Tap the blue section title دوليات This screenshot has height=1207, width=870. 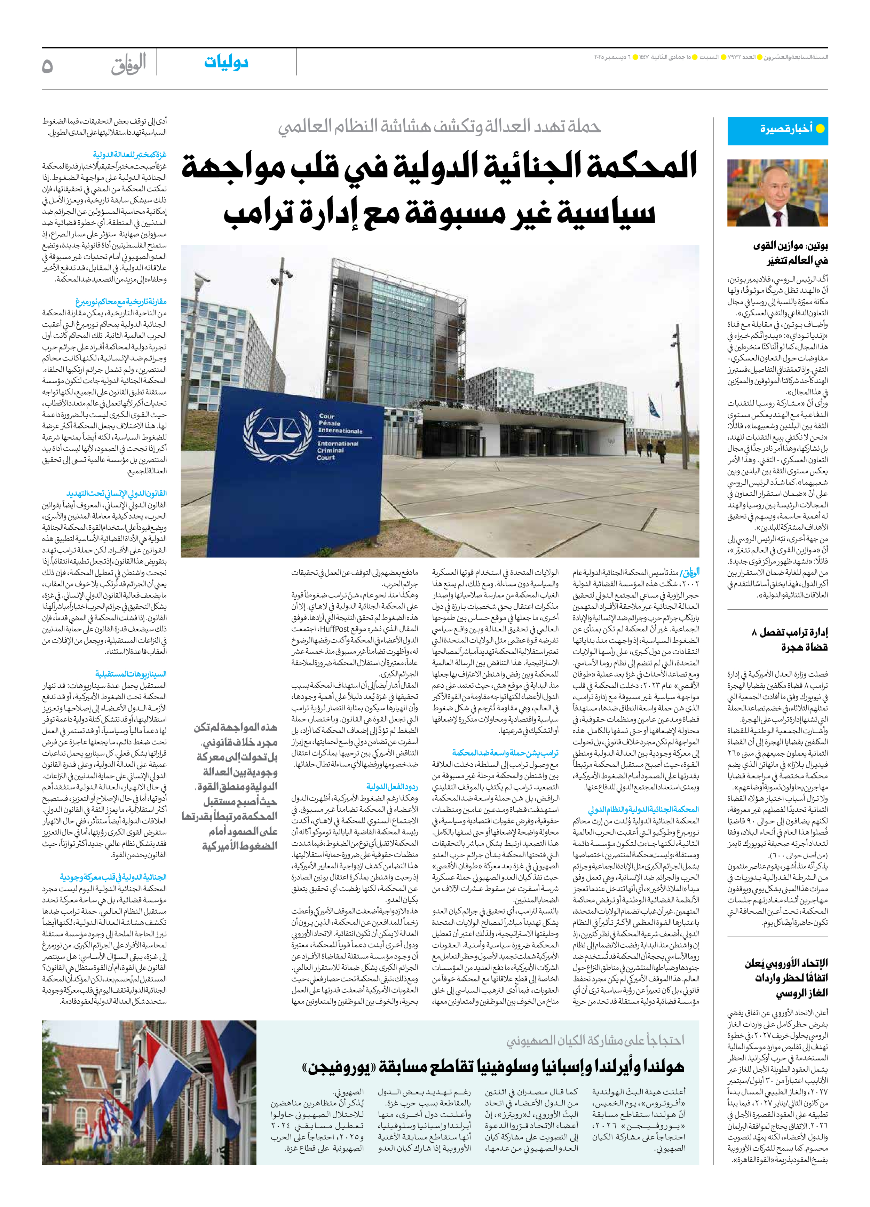227,63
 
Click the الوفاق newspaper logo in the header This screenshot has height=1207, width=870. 128,64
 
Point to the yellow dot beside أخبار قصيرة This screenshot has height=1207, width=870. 820,129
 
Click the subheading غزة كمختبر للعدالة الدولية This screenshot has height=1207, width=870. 129,154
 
